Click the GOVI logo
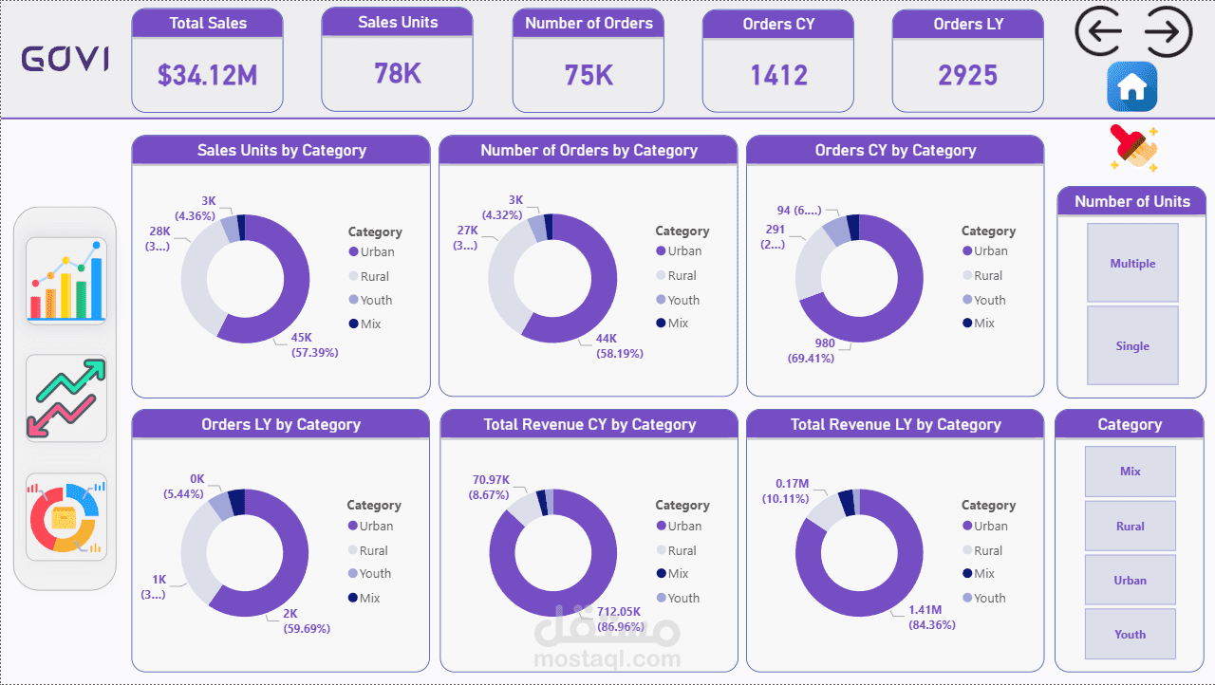click(65, 60)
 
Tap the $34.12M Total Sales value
click(207, 75)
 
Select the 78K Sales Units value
click(397, 73)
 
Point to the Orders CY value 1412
click(778, 75)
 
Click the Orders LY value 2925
click(967, 75)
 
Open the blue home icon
click(1131, 87)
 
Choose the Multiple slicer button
click(1132, 264)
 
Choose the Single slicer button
click(1132, 346)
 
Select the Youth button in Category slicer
click(1130, 635)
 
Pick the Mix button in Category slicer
click(1130, 472)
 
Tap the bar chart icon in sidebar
click(66, 281)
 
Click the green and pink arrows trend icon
click(66, 398)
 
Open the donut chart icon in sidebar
click(66, 517)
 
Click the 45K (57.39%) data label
click(314, 345)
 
